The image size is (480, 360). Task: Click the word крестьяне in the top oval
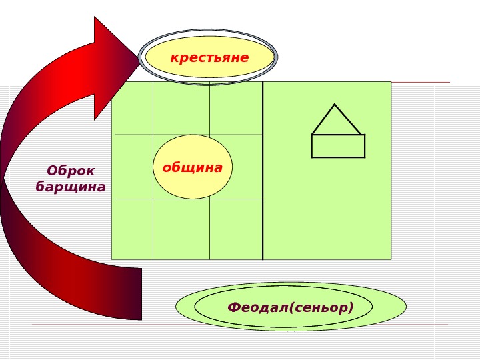[x=209, y=58]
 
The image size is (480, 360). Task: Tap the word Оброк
[x=71, y=171]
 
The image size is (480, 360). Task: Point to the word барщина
[x=71, y=187]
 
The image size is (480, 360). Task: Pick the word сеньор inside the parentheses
[x=327, y=307]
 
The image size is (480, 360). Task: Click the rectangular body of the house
[x=338, y=146]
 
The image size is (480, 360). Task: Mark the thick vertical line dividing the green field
[x=263, y=170]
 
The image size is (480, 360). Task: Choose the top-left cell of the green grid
[x=133, y=108]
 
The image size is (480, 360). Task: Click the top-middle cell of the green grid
[x=181, y=108]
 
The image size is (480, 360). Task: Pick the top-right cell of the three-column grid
[x=235, y=108]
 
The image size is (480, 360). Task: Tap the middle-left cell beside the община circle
[x=133, y=167]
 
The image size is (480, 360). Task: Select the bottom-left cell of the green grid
[x=133, y=229]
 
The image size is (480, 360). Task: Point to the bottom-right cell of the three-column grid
[x=235, y=229]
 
